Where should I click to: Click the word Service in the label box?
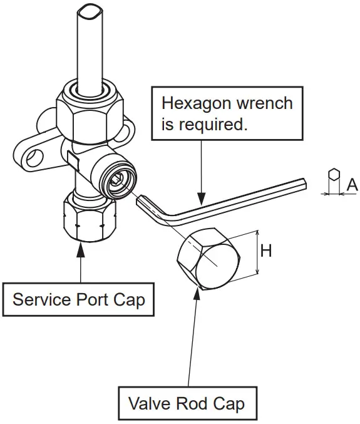[41, 299]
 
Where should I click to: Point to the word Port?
[91, 299]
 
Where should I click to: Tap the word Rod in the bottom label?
[192, 403]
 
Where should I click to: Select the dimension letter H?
[266, 251]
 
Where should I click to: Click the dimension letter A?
[352, 185]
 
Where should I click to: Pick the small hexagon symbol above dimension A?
[334, 174]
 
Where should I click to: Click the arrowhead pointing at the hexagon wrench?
[202, 199]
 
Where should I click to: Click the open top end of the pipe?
[90, 13]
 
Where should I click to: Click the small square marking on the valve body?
[73, 160]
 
